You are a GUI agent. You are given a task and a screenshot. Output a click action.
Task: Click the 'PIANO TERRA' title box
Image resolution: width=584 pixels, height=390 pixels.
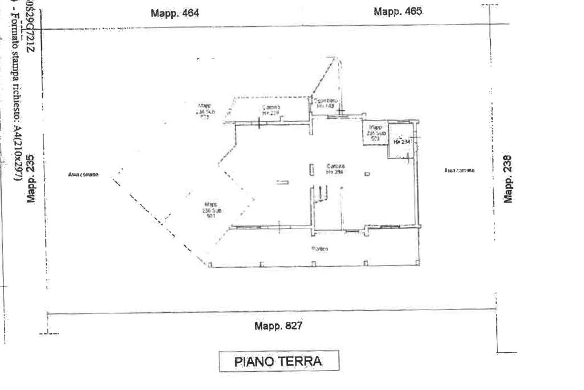pyautogui.click(x=279, y=361)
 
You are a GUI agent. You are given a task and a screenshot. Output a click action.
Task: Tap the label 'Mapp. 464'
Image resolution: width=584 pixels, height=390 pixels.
pyautogui.click(x=175, y=13)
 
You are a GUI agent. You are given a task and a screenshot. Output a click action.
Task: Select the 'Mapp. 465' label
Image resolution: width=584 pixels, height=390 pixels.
pyautogui.click(x=398, y=11)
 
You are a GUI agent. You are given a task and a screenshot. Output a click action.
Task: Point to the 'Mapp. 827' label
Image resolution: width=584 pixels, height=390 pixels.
pyautogui.click(x=278, y=326)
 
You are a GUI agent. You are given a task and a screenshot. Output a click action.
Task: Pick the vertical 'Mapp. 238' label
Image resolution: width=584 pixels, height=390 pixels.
pyautogui.click(x=509, y=179)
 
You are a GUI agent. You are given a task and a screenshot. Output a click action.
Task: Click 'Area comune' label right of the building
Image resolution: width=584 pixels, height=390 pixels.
pyautogui.click(x=459, y=170)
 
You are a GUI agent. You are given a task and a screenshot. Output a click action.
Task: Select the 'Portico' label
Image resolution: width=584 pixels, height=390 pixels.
pyautogui.click(x=319, y=248)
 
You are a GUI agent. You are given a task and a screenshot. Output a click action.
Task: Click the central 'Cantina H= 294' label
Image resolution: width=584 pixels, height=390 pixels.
pyautogui.click(x=334, y=169)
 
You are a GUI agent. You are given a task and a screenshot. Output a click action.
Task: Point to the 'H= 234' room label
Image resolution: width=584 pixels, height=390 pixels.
pyautogui.click(x=401, y=142)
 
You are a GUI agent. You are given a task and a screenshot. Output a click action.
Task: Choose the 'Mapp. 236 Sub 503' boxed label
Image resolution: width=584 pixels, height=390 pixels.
pyautogui.click(x=375, y=132)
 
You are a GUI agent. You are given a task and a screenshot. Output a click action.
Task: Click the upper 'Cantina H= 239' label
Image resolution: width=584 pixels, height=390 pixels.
pyautogui.click(x=271, y=110)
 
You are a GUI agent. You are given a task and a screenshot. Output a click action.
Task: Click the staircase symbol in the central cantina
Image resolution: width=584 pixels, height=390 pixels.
pyautogui.click(x=321, y=194)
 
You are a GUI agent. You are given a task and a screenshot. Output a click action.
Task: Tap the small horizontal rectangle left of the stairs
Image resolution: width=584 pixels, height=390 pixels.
pyautogui.click(x=282, y=182)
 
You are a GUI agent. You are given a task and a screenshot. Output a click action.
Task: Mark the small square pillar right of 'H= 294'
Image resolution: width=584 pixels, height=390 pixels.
pyautogui.click(x=368, y=174)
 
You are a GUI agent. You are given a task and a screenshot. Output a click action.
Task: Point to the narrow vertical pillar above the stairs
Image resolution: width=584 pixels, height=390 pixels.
pyautogui.click(x=312, y=170)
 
